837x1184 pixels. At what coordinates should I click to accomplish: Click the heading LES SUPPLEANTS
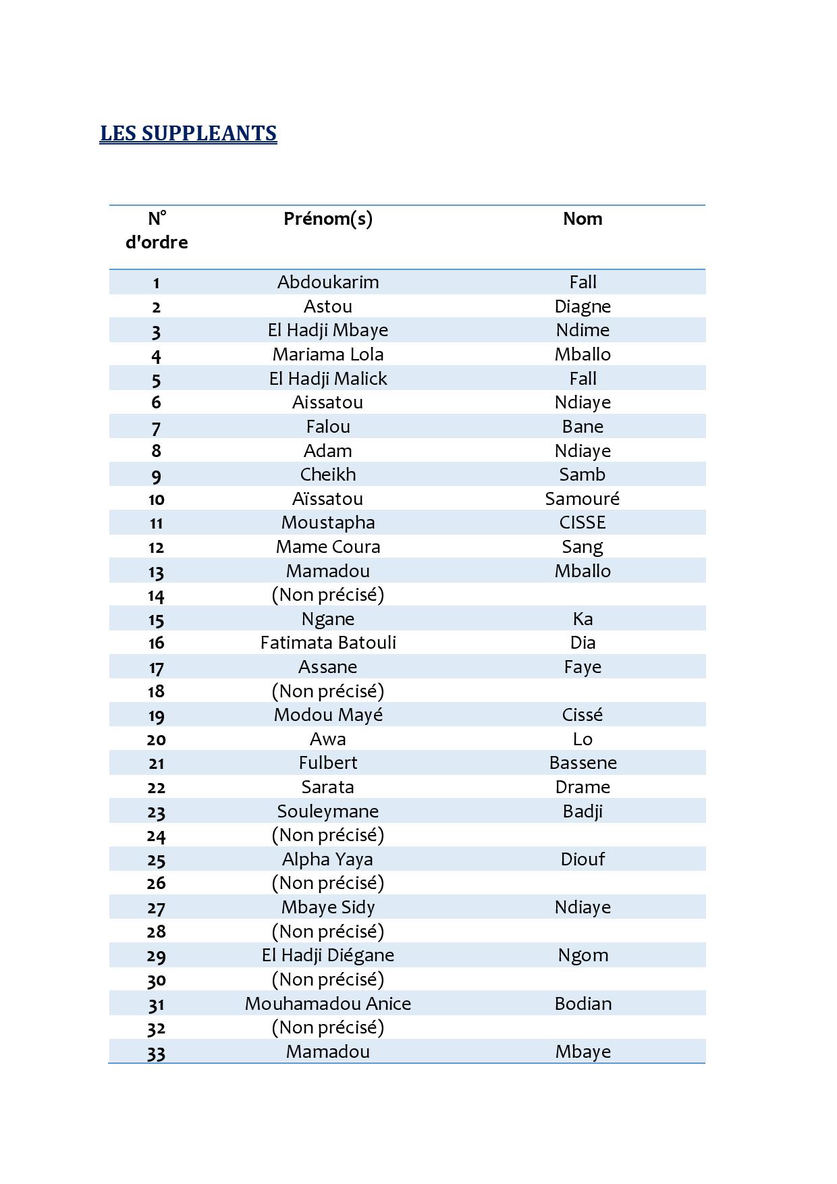(188, 133)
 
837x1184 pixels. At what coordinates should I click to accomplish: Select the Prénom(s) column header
(328, 219)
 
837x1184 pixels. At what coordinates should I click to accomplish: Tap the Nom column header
(583, 219)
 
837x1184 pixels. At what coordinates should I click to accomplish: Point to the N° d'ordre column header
(157, 230)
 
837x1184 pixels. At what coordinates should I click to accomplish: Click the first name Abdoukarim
(328, 282)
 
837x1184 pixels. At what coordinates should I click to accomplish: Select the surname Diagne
(583, 306)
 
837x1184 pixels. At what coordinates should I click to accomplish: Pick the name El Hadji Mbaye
(328, 330)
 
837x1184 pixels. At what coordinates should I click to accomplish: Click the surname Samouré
(583, 499)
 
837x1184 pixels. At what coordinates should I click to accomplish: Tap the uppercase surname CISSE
(583, 522)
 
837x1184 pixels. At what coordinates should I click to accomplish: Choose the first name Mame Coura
(328, 547)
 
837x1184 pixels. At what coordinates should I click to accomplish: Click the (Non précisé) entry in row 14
(328, 595)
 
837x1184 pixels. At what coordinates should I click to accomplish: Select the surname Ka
(583, 619)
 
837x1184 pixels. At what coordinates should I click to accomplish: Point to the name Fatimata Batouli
(328, 643)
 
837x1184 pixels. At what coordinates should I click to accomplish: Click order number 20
(157, 740)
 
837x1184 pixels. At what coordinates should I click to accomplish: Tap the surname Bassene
(583, 763)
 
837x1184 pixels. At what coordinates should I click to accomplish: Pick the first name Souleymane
(328, 811)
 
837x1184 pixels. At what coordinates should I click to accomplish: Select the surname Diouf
(583, 859)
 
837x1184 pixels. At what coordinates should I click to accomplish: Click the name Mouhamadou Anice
(328, 1004)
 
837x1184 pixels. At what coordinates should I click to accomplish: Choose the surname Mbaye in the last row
(583, 1052)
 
